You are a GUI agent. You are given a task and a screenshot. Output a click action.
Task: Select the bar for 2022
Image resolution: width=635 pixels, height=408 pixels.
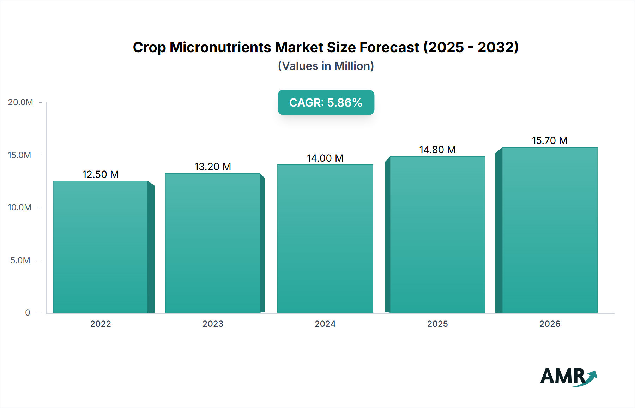(x=101, y=247)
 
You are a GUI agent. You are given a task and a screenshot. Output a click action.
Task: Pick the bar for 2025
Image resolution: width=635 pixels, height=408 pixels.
(x=437, y=234)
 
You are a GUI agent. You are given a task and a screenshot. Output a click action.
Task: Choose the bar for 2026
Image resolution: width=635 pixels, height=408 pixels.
(x=550, y=230)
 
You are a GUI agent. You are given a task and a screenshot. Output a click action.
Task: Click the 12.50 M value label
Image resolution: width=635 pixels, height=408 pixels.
(x=101, y=174)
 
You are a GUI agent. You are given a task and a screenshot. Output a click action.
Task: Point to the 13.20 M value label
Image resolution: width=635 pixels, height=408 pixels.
(x=213, y=167)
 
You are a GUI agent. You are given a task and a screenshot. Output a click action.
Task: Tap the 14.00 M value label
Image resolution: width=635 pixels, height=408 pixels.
(x=325, y=158)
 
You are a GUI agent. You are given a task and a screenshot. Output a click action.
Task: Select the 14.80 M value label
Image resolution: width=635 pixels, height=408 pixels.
(x=437, y=150)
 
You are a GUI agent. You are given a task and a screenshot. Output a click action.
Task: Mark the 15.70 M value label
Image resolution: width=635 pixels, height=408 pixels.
(x=550, y=140)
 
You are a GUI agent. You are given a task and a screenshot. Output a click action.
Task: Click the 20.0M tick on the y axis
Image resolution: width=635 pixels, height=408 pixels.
(x=20, y=102)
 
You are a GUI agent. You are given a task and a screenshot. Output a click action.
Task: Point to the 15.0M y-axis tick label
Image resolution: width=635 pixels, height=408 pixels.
(x=20, y=155)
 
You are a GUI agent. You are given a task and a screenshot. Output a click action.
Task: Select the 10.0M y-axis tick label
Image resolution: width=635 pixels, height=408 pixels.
(x=20, y=208)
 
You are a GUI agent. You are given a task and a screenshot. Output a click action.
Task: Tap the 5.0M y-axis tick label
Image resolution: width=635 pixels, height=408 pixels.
(x=20, y=260)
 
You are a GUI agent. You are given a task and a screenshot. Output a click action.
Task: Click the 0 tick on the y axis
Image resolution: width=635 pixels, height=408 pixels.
(x=28, y=313)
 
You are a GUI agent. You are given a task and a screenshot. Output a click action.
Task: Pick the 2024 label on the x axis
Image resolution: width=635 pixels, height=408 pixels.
(x=325, y=324)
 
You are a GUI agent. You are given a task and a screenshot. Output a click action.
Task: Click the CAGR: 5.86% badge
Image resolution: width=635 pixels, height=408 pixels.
(x=326, y=102)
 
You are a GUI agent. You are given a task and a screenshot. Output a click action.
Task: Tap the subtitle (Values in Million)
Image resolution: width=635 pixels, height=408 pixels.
(x=326, y=66)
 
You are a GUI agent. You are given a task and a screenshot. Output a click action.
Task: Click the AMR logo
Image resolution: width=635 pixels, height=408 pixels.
(x=568, y=376)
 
